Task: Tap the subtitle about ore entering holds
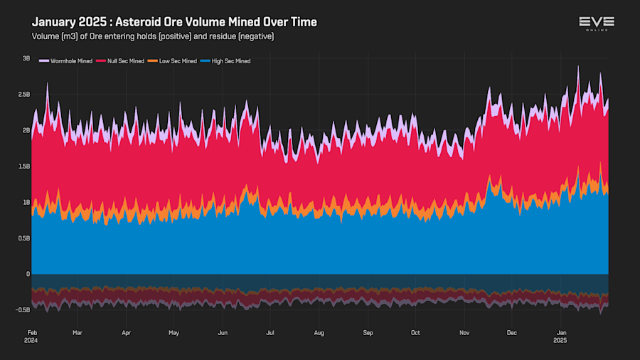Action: point(153,36)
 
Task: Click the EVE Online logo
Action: point(596,23)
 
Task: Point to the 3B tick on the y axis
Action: point(26,58)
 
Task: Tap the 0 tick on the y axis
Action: point(28,274)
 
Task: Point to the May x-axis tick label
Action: point(174,332)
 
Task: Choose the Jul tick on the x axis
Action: point(270,332)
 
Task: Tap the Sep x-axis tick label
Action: point(368,332)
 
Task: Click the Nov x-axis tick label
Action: point(464,332)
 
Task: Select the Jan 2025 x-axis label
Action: point(561,336)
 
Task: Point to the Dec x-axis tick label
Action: point(511,332)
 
